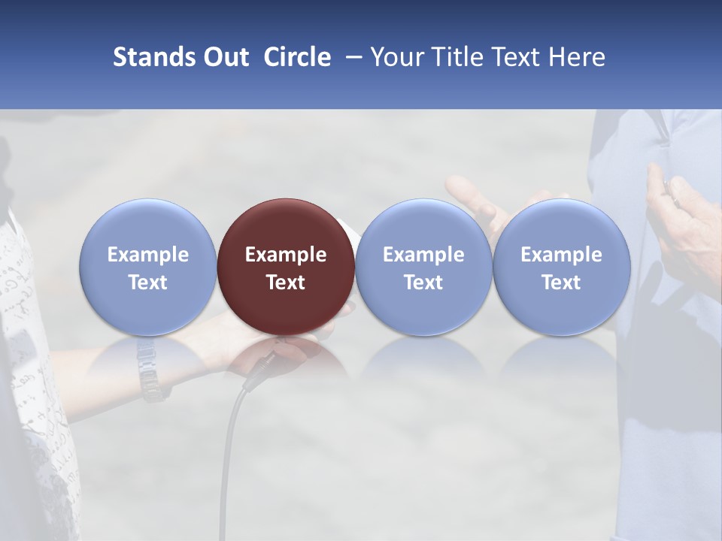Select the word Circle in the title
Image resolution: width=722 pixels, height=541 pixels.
point(297,57)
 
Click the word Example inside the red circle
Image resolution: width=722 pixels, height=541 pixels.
point(286,255)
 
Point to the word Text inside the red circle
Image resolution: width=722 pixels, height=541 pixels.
point(286,283)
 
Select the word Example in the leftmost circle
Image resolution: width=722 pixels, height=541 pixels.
point(147,255)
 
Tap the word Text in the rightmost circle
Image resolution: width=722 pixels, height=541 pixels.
point(561,283)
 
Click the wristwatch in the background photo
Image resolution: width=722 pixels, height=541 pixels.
point(149,368)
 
